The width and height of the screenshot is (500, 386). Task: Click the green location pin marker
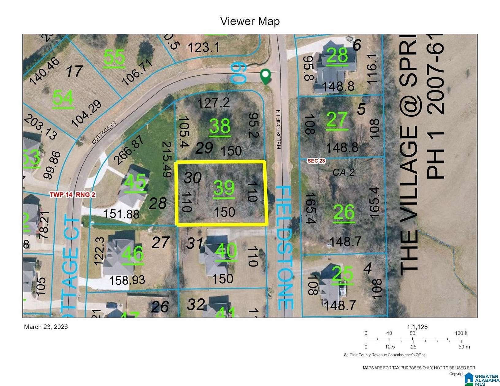tap(265, 76)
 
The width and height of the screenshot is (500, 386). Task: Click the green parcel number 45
tap(135, 183)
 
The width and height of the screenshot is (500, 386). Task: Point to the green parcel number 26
tap(344, 212)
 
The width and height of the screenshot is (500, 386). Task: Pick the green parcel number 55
tap(114, 58)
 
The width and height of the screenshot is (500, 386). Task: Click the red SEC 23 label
tap(316, 161)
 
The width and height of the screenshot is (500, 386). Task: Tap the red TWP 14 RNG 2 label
tap(73, 195)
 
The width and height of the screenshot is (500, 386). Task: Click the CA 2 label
tap(343, 172)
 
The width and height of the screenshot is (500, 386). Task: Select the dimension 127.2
tap(213, 103)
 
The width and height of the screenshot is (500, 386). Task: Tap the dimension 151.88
tap(121, 214)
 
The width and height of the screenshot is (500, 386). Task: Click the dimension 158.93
tap(127, 280)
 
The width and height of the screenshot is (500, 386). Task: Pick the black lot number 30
tap(192, 178)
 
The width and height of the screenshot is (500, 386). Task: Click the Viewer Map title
tap(250, 21)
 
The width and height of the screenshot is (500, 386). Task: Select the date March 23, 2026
tap(46, 327)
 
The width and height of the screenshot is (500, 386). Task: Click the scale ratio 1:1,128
tap(417, 327)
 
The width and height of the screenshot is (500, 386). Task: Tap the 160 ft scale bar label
tap(461, 333)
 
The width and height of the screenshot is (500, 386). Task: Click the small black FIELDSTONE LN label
tap(279, 130)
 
